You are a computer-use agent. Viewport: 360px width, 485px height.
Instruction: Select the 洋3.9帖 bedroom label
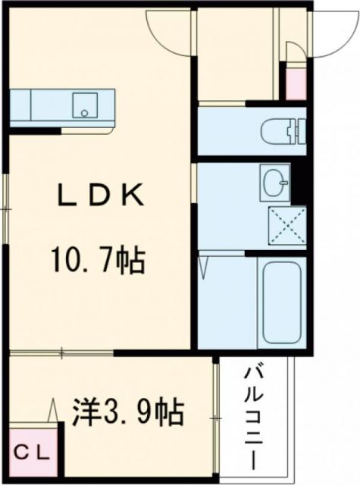(x=127, y=413)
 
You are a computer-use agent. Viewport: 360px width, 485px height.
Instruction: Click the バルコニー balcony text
(x=252, y=418)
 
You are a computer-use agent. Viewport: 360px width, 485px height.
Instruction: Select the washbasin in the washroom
(x=274, y=180)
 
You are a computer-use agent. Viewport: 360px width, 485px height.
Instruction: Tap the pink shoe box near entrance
(x=293, y=83)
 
